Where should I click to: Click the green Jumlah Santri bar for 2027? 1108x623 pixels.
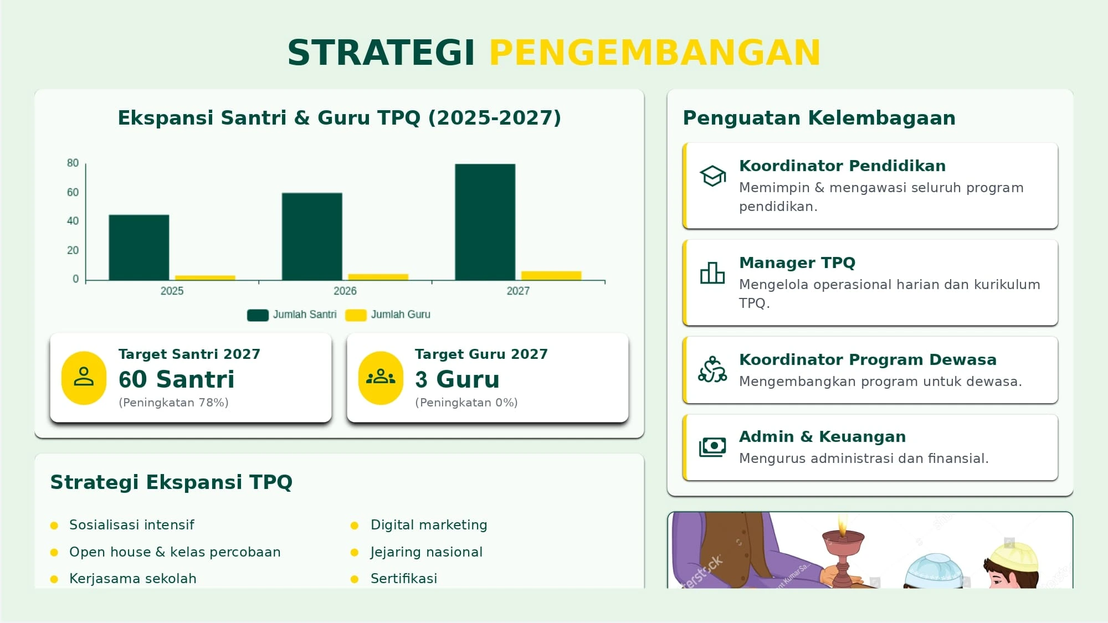tap(485, 222)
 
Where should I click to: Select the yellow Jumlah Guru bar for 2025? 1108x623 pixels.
tap(205, 277)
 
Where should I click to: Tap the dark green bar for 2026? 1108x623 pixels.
tap(312, 236)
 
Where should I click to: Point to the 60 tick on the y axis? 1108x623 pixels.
tap(73, 192)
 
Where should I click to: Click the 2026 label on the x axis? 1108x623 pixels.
tap(345, 291)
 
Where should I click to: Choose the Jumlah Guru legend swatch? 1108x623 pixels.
tap(356, 315)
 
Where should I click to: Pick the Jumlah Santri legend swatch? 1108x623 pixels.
tap(258, 315)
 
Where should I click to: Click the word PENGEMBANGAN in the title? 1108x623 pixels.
tap(654, 53)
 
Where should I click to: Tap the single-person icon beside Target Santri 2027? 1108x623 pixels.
tap(84, 377)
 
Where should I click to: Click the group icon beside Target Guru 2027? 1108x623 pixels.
tap(381, 377)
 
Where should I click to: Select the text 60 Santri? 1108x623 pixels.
tap(177, 379)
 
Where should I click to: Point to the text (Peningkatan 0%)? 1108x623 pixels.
tap(466, 403)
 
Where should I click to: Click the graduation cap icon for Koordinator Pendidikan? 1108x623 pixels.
tap(712, 176)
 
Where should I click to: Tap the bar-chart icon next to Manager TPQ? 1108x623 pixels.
tap(712, 273)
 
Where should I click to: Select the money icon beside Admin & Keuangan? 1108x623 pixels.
tap(712, 447)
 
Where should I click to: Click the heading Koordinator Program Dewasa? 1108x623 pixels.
tap(868, 359)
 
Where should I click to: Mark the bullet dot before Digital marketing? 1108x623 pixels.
tap(355, 526)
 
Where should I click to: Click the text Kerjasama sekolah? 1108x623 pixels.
tap(133, 579)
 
